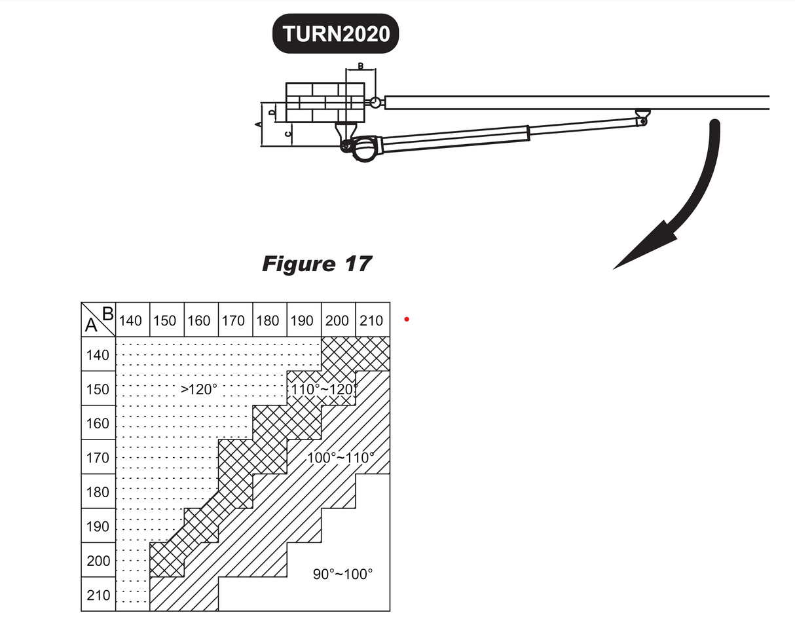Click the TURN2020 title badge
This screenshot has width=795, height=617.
(x=335, y=33)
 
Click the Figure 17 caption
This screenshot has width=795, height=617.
(x=316, y=263)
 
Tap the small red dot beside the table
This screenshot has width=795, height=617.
(x=407, y=319)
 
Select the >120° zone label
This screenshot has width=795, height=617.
(x=198, y=389)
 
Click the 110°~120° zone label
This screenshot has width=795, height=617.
(x=323, y=389)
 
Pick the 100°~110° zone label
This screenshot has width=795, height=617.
(x=341, y=457)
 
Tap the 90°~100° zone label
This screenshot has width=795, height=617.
(x=342, y=574)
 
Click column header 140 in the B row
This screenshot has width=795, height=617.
(x=130, y=320)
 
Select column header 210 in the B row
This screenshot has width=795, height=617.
(x=371, y=320)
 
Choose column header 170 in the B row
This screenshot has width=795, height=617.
(x=233, y=320)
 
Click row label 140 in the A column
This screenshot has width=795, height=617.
(x=98, y=356)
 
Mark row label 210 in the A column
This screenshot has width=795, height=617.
(x=98, y=595)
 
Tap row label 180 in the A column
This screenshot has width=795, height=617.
(x=98, y=493)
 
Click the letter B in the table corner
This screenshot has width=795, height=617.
(x=107, y=313)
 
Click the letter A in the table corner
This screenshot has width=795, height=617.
(x=91, y=326)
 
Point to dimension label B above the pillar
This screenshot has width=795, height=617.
(x=361, y=66)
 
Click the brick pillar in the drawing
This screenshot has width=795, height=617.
(x=324, y=102)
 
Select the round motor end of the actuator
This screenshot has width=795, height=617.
(x=364, y=149)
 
